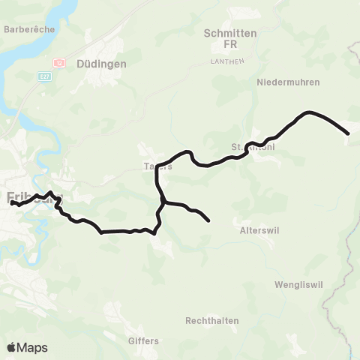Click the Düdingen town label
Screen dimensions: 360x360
[x=101, y=64]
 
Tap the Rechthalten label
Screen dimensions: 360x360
[x=211, y=321]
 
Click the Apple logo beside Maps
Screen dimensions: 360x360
[x=11, y=347]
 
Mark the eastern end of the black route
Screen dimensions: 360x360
[x=348, y=133]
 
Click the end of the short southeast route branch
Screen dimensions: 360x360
[x=208, y=220]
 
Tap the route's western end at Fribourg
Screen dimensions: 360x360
[x=12, y=202]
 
